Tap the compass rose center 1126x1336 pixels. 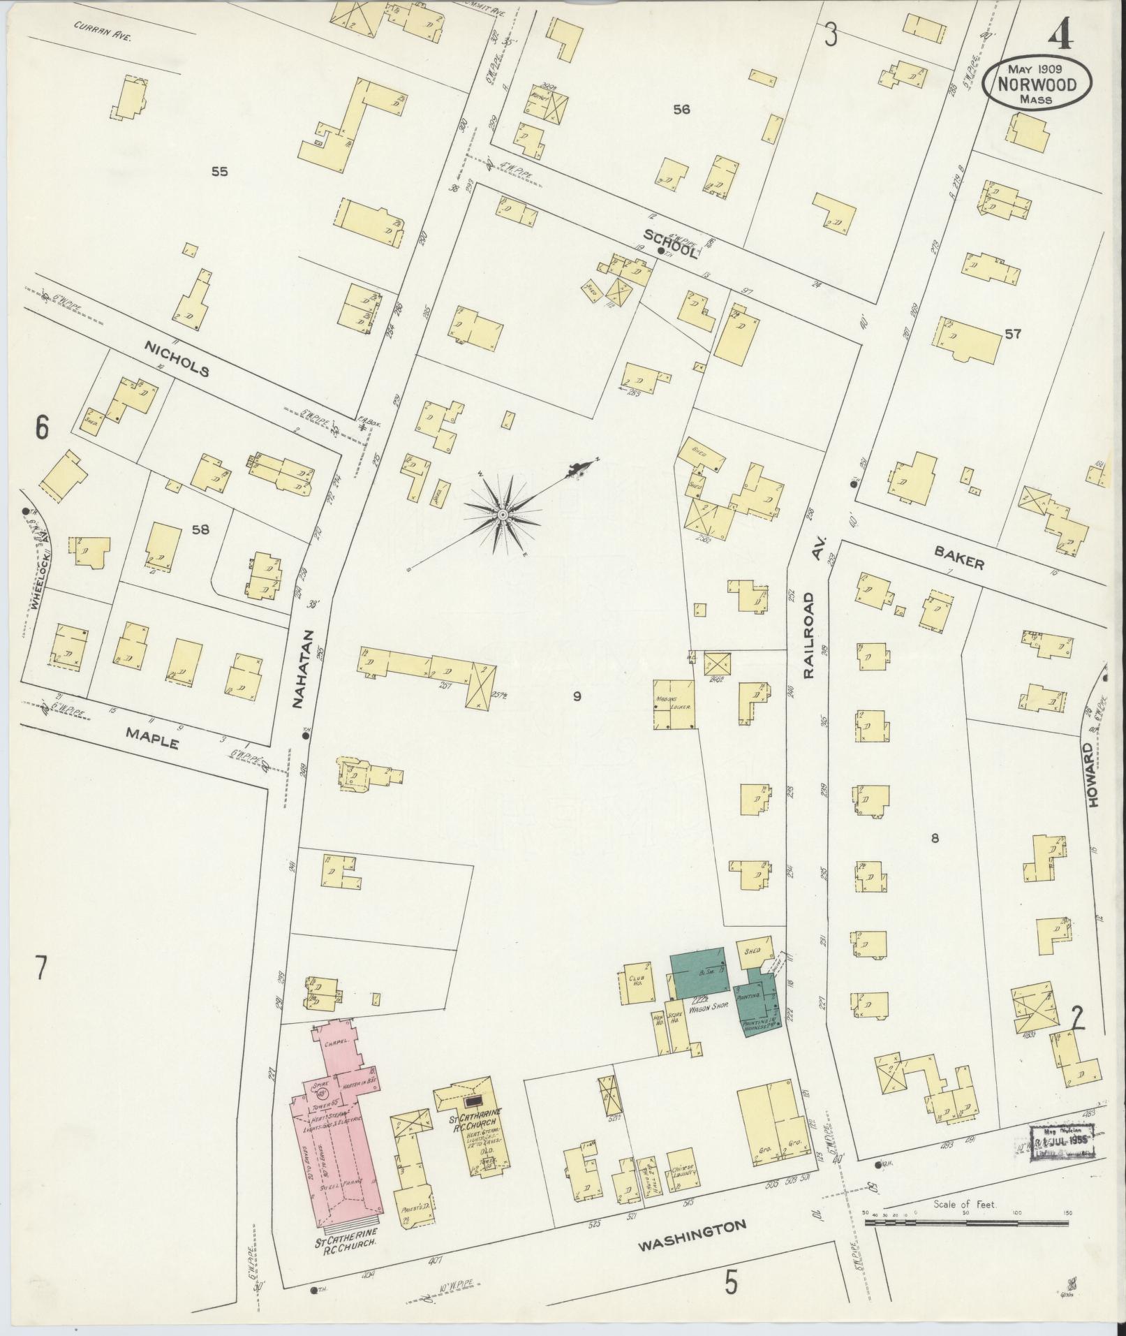pos(502,515)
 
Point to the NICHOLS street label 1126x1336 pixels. pos(177,359)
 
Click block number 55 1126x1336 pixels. pos(219,171)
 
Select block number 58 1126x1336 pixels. pos(200,529)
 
